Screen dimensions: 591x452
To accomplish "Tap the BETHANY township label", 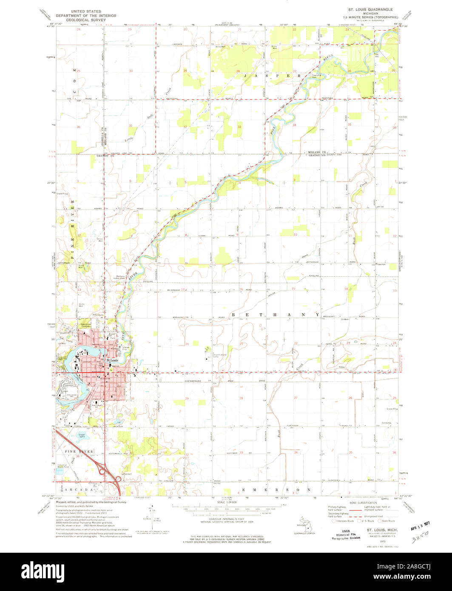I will pos(275,314).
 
